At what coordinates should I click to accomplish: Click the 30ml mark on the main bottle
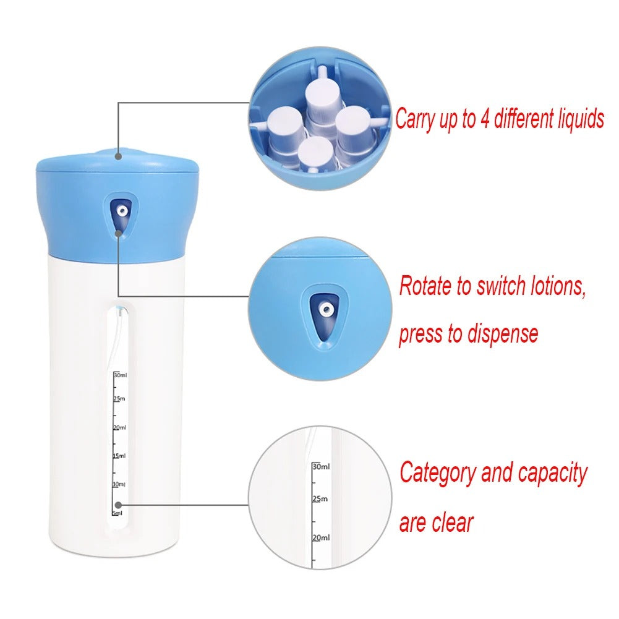(119, 375)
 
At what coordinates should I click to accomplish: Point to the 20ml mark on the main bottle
(119, 427)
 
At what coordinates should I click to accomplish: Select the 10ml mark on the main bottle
(119, 484)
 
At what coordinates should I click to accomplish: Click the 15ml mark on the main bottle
(119, 456)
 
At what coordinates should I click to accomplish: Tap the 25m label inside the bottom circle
(320, 498)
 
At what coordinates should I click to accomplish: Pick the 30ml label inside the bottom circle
(322, 466)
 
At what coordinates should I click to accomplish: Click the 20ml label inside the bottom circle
(321, 538)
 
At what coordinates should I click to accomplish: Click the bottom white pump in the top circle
(317, 152)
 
